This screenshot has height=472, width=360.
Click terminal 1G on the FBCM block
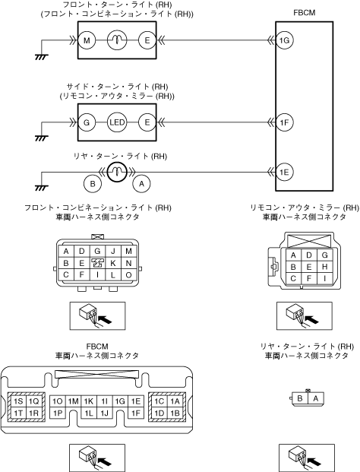coord(285,40)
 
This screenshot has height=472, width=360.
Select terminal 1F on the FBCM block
coord(285,122)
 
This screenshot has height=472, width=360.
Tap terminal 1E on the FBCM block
coord(285,173)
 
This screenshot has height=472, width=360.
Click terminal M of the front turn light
coord(87,40)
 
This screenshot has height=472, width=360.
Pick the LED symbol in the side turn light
coord(117,122)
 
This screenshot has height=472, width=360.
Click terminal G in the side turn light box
coord(87,122)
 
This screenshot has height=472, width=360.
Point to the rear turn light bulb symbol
coord(117,173)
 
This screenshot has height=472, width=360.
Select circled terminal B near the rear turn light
coord(93,184)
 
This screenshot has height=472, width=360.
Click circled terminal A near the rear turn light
coord(141,184)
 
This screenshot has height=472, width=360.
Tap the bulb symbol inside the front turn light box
coord(117,40)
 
